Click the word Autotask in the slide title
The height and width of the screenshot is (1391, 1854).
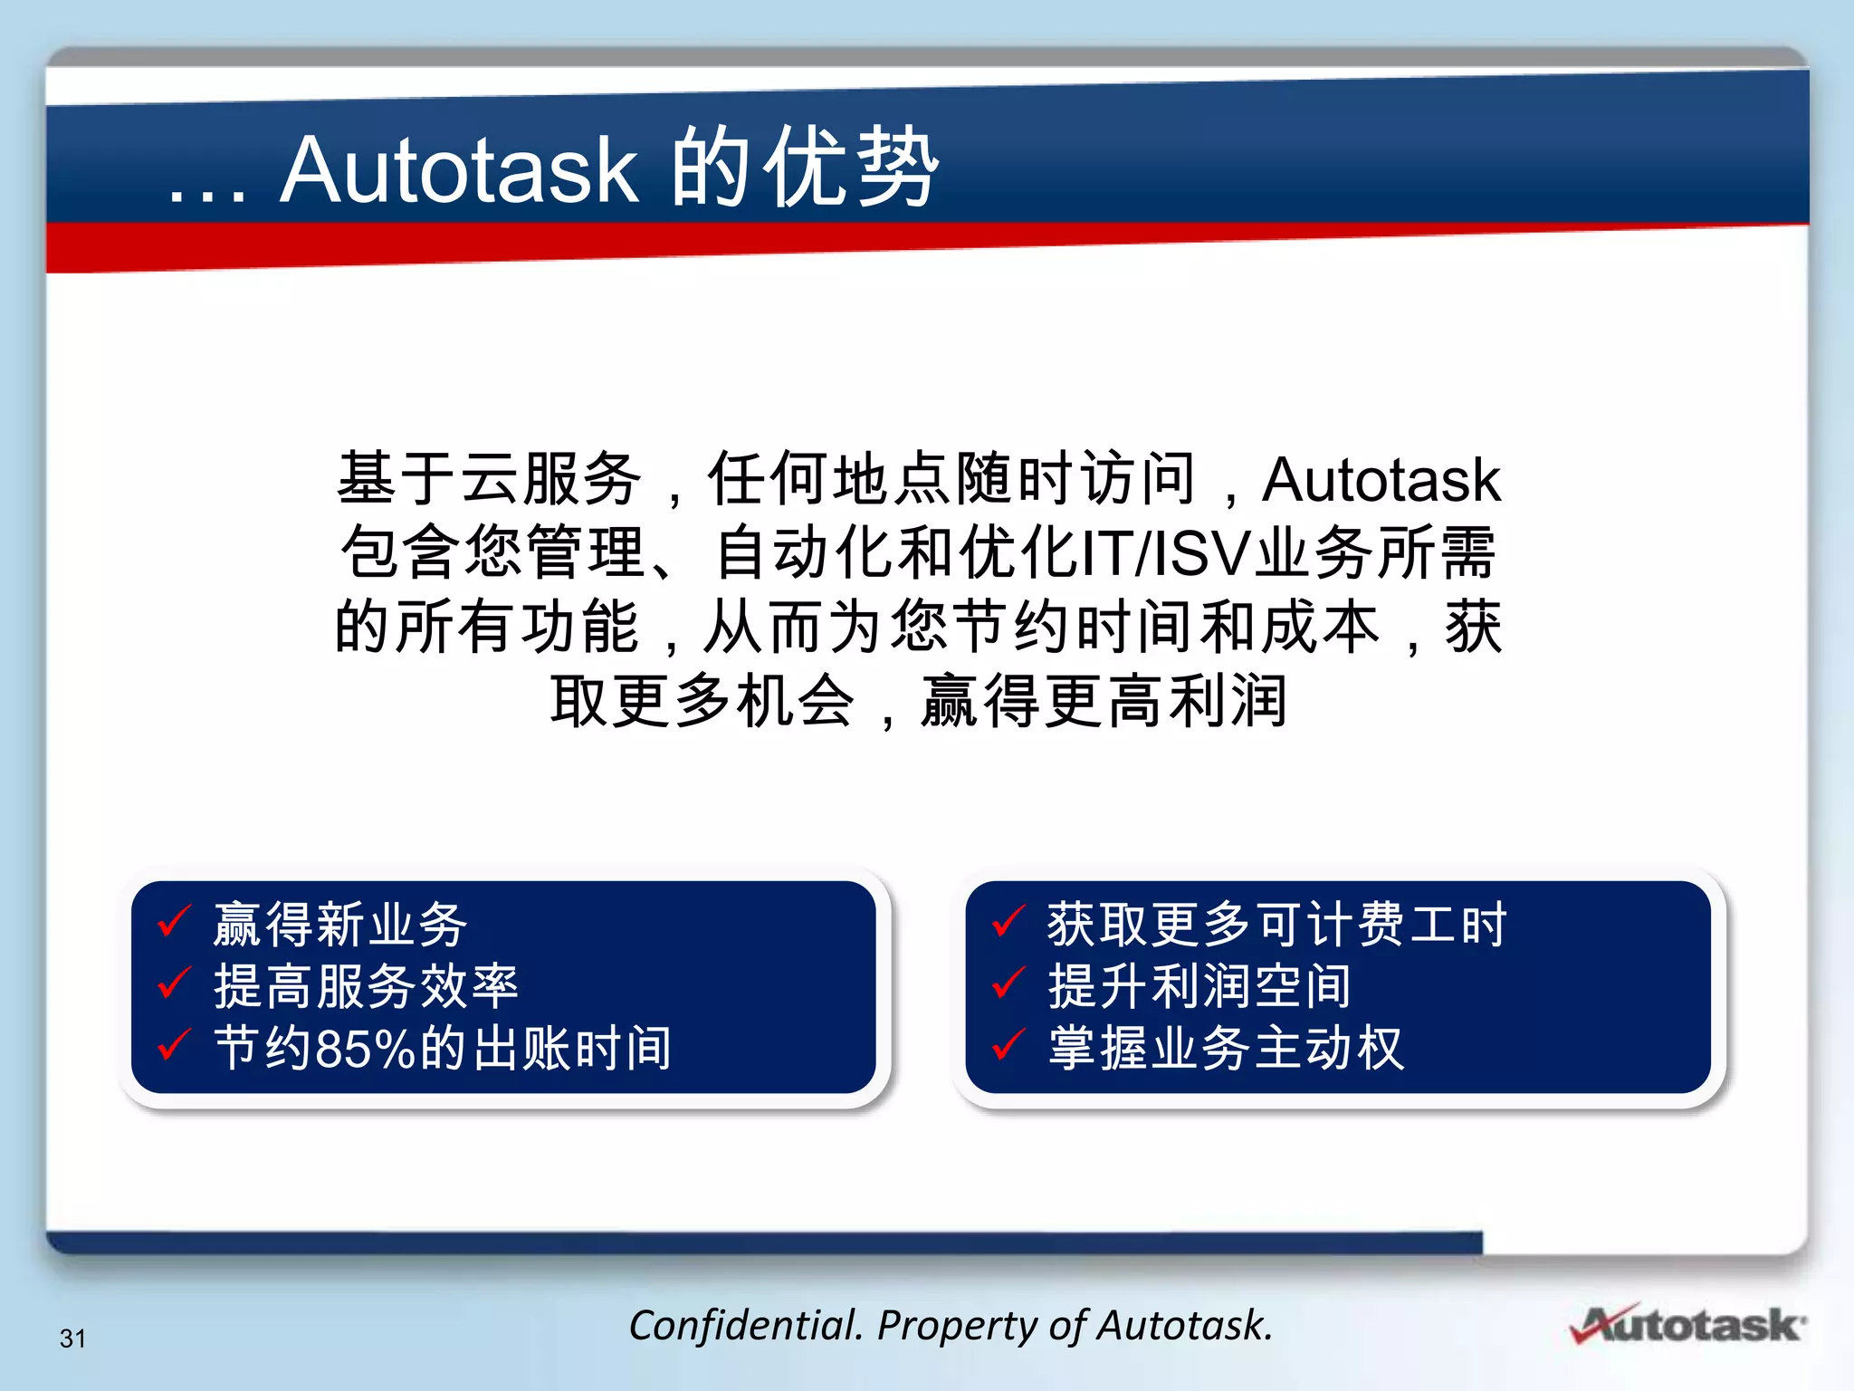tap(460, 170)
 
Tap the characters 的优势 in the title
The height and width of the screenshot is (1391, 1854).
tap(804, 168)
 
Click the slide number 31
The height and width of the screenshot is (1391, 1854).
tap(72, 1338)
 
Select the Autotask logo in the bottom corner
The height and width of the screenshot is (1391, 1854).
tap(1688, 1324)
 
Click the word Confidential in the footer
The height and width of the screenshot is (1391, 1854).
tap(744, 1326)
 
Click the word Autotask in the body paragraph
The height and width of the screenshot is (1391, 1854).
tap(1381, 479)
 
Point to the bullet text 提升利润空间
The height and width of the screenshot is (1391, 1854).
tap(1199, 985)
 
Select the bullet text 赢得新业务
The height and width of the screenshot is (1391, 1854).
tap(340, 925)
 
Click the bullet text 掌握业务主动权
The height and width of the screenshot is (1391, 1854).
tap(1226, 1048)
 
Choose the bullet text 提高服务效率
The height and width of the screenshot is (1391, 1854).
tap(366, 985)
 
